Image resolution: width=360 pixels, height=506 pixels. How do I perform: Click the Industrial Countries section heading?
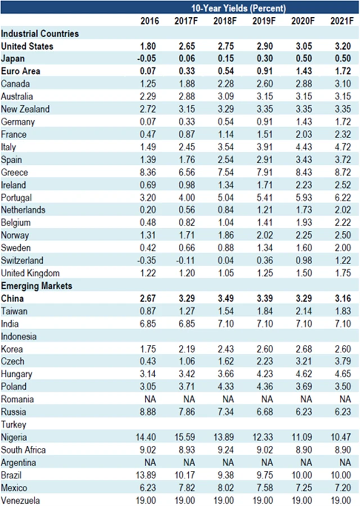(x=40, y=34)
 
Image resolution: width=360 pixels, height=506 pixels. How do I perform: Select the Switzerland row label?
(x=22, y=261)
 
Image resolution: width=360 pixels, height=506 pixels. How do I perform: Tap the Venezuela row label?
(x=21, y=500)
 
